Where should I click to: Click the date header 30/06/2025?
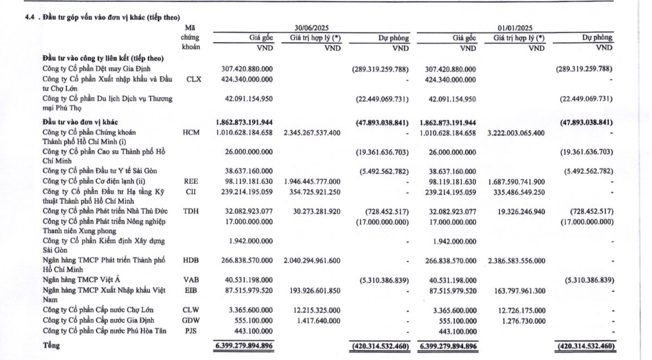pyautogui.click(x=312, y=28)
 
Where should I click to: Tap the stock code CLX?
pyautogui.click(x=193, y=79)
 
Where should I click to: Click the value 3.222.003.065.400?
pyautogui.click(x=516, y=132)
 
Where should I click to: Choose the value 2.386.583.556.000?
pyautogui.click(x=516, y=261)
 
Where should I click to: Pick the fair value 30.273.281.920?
pyautogui.click(x=315, y=211)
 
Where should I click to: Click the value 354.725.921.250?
pyautogui.click(x=314, y=192)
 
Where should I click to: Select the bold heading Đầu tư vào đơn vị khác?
pyautogui.click(x=80, y=122)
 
